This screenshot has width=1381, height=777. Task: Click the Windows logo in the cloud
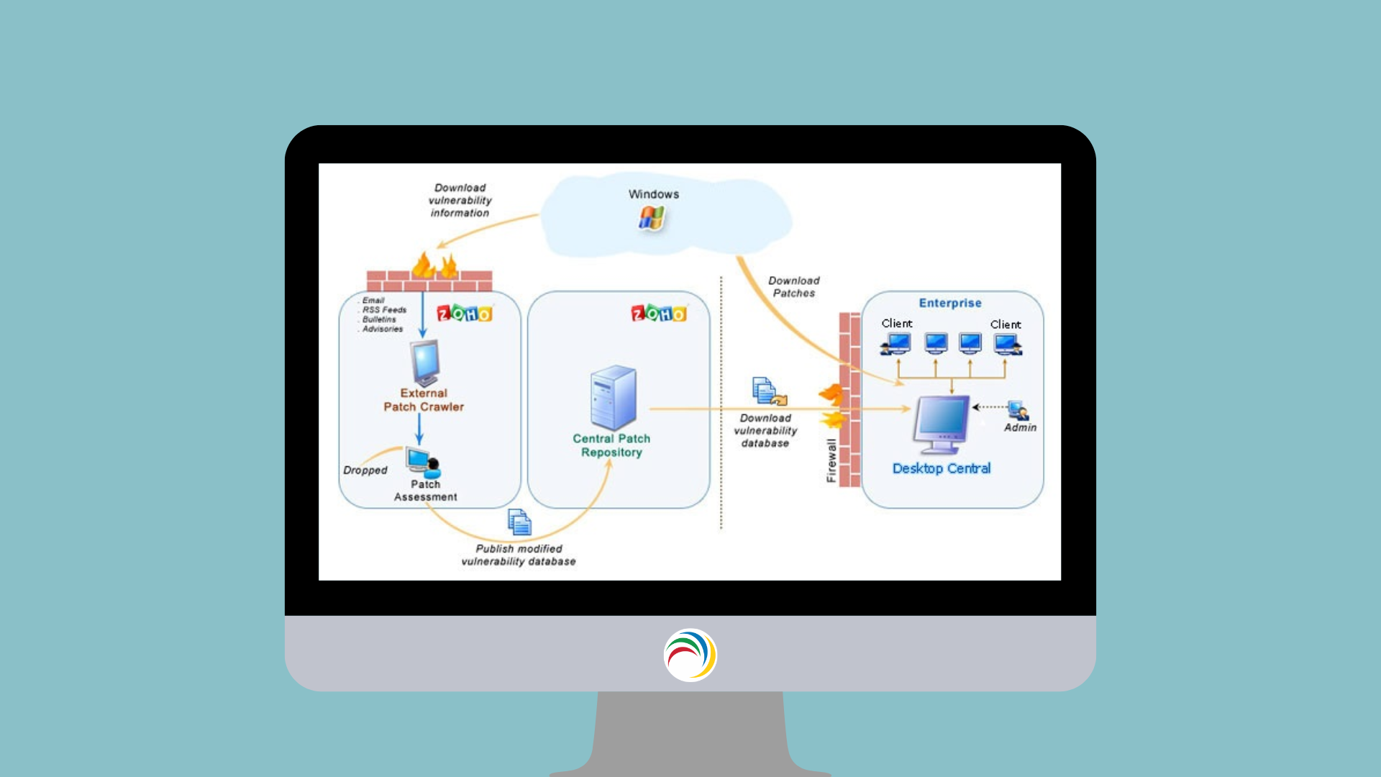click(652, 218)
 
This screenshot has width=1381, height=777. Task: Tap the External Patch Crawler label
click(424, 400)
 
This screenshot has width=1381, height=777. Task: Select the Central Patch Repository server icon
click(614, 397)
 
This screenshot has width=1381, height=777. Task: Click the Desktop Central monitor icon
click(941, 424)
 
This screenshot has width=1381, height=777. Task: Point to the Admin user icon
click(1018, 410)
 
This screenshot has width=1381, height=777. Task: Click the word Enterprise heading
click(949, 303)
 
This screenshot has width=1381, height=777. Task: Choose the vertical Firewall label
click(831, 460)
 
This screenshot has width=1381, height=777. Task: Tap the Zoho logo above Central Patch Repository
click(658, 313)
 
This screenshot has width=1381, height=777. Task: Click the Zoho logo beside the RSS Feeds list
click(464, 314)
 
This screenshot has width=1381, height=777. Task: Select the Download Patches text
click(793, 287)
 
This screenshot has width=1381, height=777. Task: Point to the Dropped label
click(365, 470)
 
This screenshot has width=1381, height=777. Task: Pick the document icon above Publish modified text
click(519, 522)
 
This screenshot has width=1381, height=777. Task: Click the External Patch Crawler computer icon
click(425, 363)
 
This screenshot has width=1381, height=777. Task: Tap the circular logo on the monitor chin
click(690, 655)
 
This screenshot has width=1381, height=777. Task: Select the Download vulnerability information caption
click(460, 200)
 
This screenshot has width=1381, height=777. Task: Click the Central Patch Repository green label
click(611, 445)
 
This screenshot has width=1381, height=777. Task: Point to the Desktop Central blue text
click(941, 468)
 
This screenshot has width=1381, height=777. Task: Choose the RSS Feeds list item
click(384, 310)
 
